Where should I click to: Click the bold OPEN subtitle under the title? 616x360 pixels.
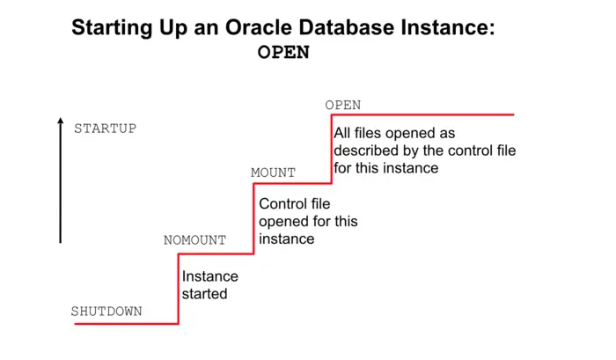(283, 52)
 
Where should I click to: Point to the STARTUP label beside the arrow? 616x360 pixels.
(105, 129)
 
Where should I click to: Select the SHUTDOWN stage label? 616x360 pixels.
(106, 311)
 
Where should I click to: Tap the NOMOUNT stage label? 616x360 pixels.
(194, 239)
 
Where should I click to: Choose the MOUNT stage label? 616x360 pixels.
(273, 173)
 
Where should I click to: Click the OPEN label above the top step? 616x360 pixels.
(342, 105)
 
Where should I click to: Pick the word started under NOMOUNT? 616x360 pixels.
(204, 294)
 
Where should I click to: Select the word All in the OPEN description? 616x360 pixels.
(343, 134)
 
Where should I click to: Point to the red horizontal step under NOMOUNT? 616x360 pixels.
(216, 253)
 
